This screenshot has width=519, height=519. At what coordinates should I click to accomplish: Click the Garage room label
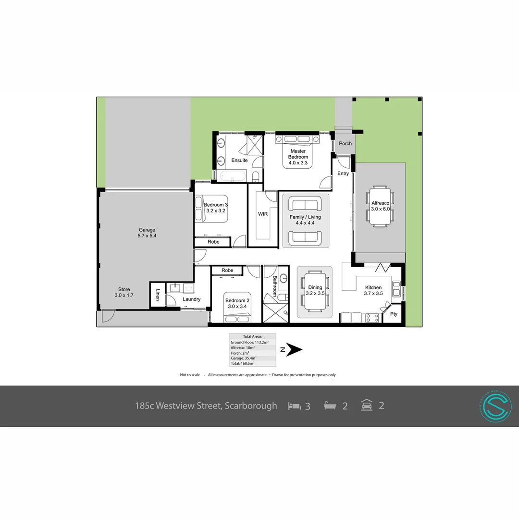(147, 230)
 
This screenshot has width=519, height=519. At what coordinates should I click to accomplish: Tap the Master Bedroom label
(298, 154)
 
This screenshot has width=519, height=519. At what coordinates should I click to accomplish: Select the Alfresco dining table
(381, 206)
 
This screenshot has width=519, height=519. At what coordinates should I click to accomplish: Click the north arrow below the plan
(294, 350)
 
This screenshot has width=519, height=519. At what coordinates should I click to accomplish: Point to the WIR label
(263, 214)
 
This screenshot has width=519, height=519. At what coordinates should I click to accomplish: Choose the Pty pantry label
(394, 314)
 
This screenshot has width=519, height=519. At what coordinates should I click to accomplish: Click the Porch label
(345, 143)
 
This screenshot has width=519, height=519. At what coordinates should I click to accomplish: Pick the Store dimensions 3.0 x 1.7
(124, 295)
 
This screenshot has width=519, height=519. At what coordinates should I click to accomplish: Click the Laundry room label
(191, 299)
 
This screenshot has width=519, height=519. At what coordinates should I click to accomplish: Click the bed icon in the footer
(294, 406)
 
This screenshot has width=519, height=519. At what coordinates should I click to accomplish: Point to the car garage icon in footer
(367, 405)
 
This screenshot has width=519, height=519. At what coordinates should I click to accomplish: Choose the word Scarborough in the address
(251, 406)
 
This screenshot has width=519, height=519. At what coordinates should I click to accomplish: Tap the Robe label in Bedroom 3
(213, 242)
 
